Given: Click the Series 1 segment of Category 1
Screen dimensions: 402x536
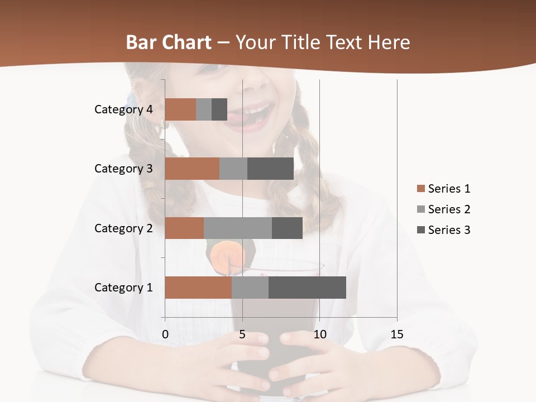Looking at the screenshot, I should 198,288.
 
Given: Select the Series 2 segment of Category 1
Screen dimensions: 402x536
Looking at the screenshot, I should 250,288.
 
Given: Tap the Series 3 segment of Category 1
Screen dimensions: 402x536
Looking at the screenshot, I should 307,288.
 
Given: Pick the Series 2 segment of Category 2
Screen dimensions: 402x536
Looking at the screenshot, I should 238,228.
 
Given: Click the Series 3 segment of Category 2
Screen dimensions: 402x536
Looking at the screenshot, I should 287,228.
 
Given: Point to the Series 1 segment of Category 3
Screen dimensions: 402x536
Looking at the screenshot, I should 192,169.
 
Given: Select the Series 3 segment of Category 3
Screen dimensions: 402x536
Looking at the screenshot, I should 270,169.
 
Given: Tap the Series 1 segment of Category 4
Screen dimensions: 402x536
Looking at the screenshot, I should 180,109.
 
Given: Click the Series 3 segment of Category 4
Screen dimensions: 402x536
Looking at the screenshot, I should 219,109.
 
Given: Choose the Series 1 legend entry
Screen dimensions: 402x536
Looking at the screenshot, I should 443,189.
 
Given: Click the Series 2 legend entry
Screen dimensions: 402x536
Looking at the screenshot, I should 443,209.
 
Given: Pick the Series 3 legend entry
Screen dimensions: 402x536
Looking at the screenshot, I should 443,230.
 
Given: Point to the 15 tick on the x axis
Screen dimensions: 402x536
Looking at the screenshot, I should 397,334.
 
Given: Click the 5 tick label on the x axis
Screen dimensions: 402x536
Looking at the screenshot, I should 242,334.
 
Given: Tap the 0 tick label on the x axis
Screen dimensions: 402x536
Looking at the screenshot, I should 165,334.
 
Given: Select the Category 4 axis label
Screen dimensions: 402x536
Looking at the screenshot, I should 123,109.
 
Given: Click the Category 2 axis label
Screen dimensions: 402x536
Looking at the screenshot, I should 123,228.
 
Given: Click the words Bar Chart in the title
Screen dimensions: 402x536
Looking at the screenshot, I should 169,42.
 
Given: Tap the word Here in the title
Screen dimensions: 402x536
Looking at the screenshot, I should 389,42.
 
